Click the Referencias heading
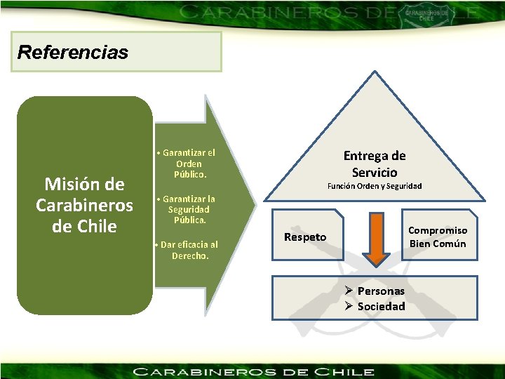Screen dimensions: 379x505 coord(73,52)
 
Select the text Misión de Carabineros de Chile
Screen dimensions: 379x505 coord(84,205)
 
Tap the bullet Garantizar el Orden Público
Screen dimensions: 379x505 coord(186,163)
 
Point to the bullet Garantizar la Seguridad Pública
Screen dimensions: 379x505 coord(186,209)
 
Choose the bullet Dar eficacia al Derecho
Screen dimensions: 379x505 coord(186,250)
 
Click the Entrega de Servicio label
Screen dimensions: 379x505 coord(374,164)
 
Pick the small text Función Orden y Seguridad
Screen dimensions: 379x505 coord(374,186)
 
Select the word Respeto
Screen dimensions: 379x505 coord(305,237)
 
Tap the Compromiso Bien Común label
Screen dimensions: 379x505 coord(438,237)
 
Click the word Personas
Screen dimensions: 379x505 coord(381,291)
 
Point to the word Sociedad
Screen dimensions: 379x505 coord(381,306)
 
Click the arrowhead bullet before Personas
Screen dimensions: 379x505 coord(349,291)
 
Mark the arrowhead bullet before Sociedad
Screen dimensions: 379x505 coord(349,306)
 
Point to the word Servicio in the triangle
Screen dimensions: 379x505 coord(375,172)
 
